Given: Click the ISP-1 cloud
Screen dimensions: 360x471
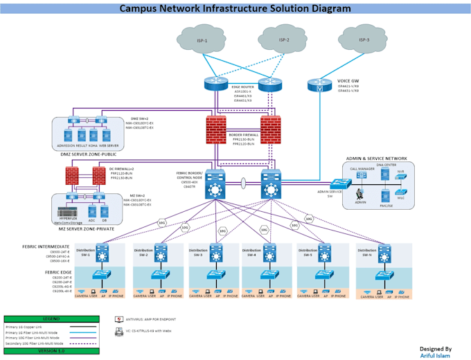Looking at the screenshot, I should pyautogui.click(x=203, y=41).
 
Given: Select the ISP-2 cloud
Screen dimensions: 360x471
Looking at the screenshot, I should pyautogui.click(x=284, y=40).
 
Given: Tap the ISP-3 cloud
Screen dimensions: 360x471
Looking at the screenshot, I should pyautogui.click(x=364, y=40).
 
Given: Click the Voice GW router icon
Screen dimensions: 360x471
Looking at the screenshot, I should pyautogui.click(x=319, y=85).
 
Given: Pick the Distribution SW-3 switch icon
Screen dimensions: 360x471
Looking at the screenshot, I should pyautogui.click(x=217, y=252).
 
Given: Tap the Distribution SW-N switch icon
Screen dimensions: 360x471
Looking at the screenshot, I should pyautogui.click(x=383, y=252).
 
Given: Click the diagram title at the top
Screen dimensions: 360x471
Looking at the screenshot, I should pyautogui.click(x=235, y=9).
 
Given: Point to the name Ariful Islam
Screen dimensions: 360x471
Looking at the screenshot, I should pyautogui.click(x=436, y=356).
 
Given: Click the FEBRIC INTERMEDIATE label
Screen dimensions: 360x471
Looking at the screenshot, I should pyautogui.click(x=46, y=246).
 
